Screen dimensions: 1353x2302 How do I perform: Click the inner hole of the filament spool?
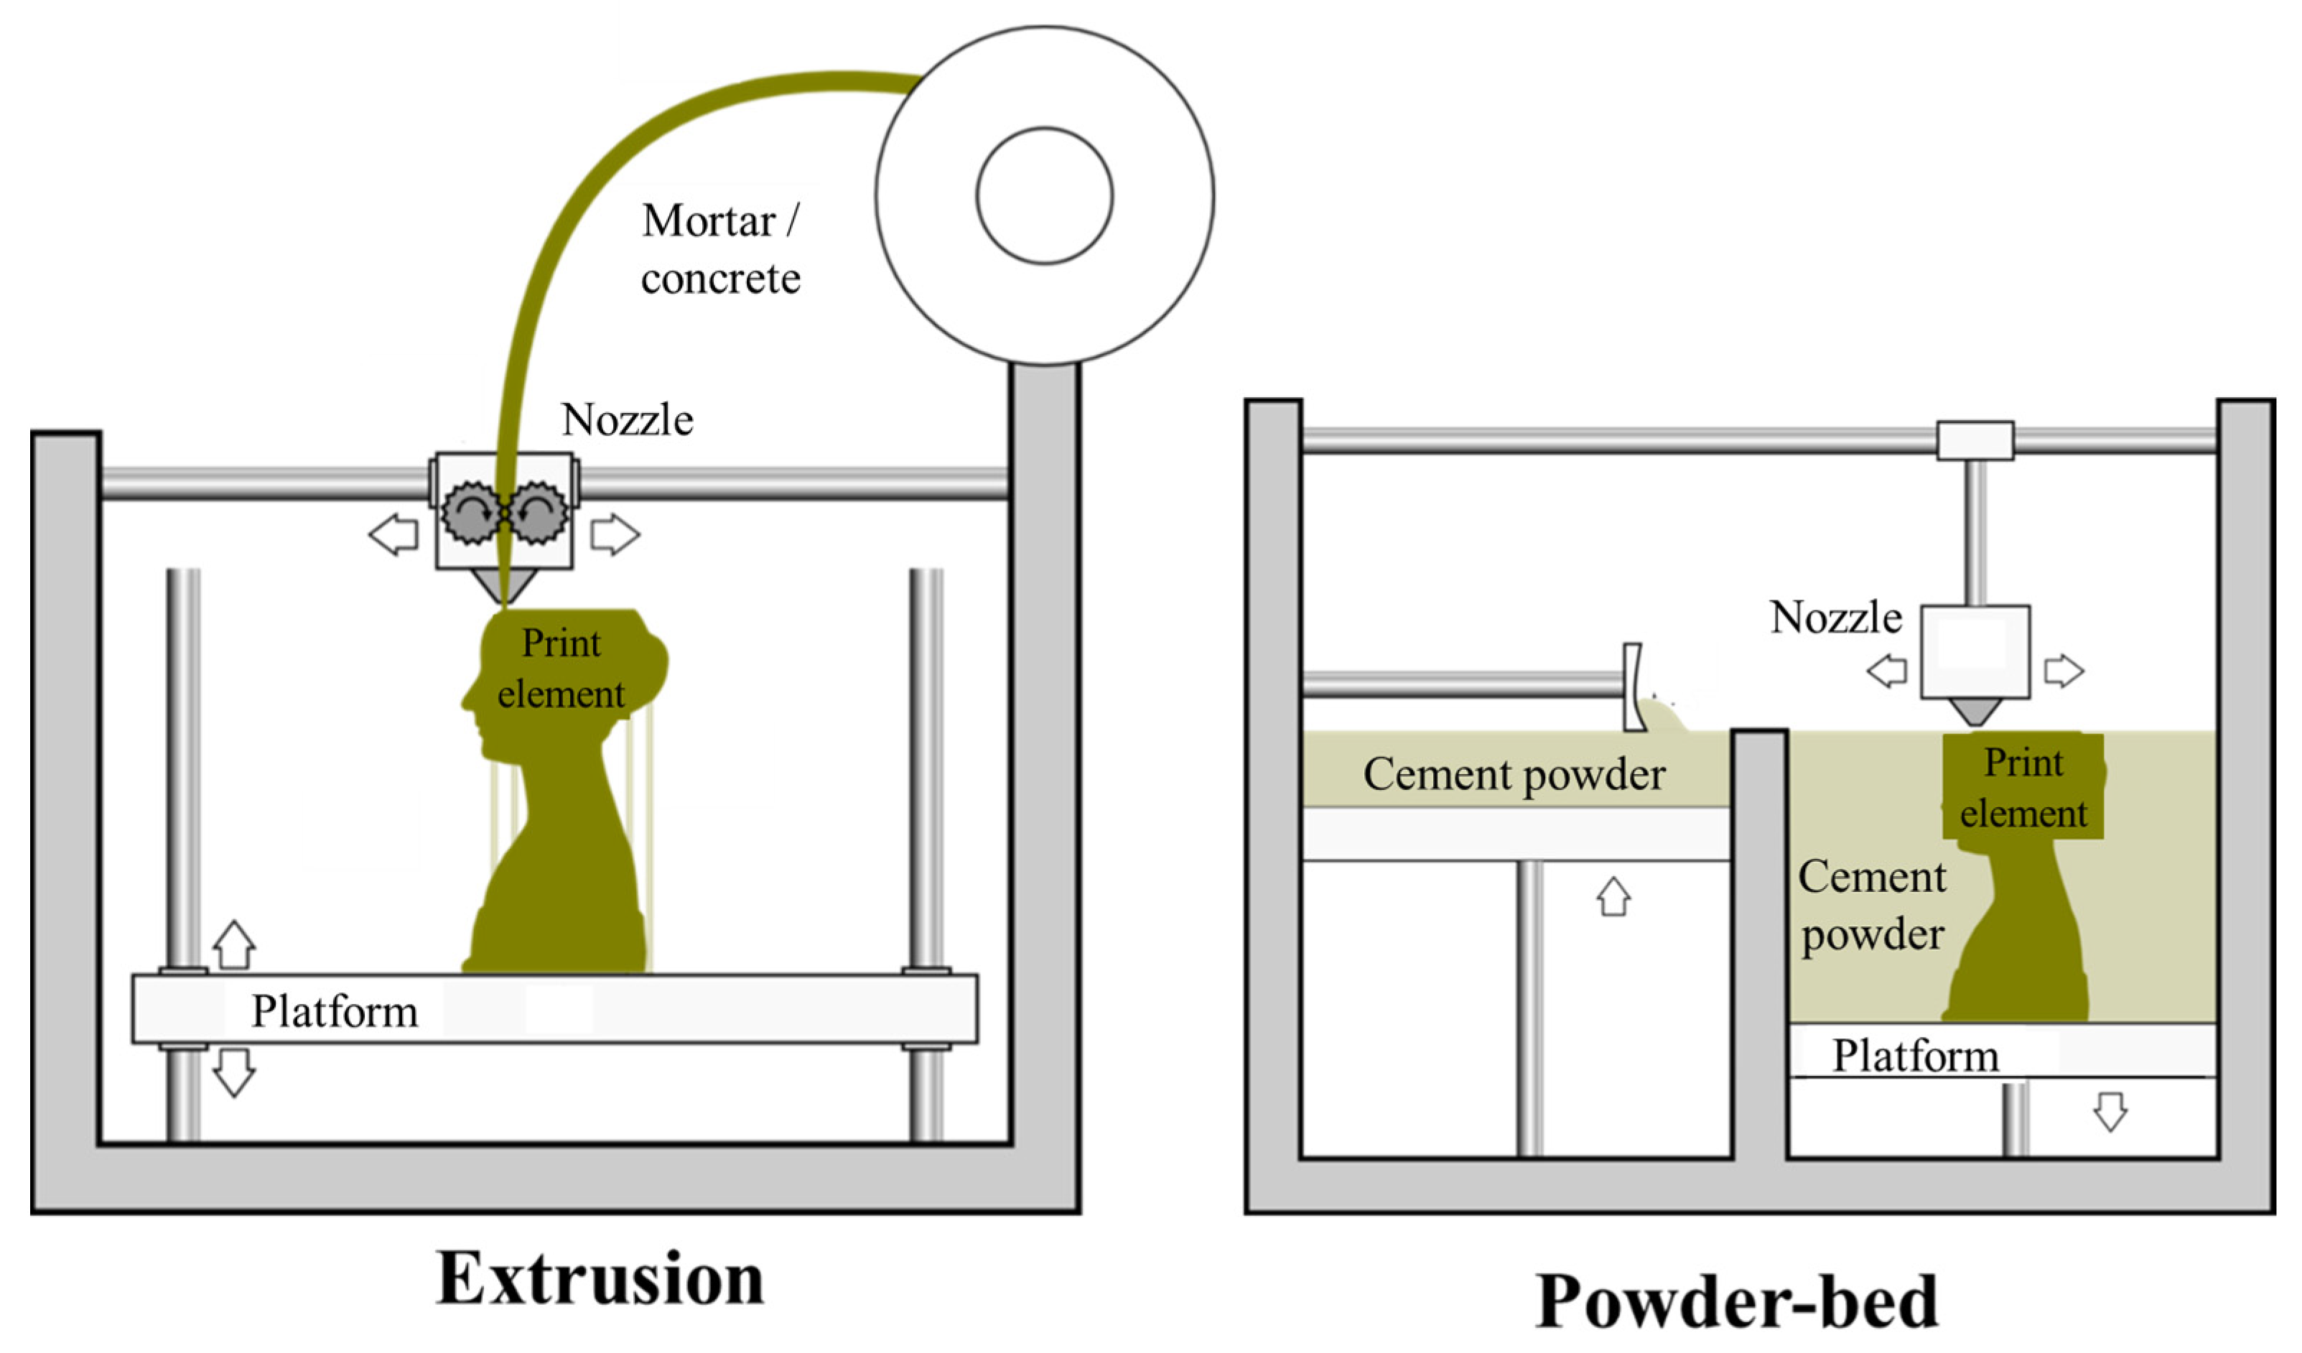(1044, 195)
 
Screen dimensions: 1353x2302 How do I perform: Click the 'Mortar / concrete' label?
(720, 248)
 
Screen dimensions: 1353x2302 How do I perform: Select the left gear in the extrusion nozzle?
(471, 514)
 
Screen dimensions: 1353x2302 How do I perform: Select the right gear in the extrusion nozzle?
(537, 514)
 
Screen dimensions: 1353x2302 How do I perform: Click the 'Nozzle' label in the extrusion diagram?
(628, 420)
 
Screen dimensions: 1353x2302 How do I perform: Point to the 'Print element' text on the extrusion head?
(561, 669)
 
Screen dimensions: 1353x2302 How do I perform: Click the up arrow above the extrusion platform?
(234, 944)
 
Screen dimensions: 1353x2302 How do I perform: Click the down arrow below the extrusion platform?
(234, 1071)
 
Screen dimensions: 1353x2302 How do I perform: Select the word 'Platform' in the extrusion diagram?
(335, 1011)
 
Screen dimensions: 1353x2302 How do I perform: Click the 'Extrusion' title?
(600, 1279)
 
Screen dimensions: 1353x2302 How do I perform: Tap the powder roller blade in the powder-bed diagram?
(1634, 687)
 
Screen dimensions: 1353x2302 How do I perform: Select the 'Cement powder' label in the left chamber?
(1514, 775)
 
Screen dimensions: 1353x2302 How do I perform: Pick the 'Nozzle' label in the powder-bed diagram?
(1836, 618)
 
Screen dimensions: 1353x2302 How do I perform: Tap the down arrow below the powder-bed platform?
(2110, 1111)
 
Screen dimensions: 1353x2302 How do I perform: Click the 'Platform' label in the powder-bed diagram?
(1916, 1056)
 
